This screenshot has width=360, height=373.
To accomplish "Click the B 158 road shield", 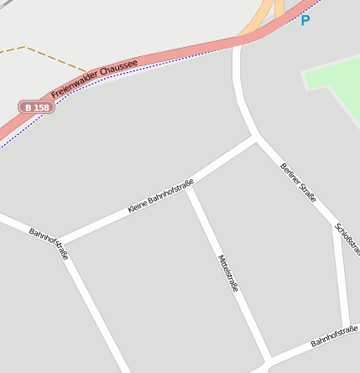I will pyautogui.click(x=37, y=107).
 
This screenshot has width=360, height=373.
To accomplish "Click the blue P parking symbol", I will pyautogui.click(x=305, y=19).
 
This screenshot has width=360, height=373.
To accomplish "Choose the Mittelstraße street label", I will pyautogui.click(x=228, y=273).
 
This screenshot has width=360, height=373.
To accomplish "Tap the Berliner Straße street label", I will pyautogui.click(x=299, y=182).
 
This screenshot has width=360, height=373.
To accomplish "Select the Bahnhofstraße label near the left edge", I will pyautogui.click(x=49, y=243).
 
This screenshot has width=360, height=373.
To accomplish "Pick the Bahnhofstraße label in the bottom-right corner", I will pyautogui.click(x=334, y=338).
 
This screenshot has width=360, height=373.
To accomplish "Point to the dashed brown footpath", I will pyautogui.click(x=50, y=57).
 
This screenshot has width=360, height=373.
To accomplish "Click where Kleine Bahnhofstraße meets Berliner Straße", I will pyautogui.click(x=255, y=137).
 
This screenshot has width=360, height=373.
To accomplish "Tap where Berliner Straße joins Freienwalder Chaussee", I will pyautogui.click(x=238, y=42).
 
